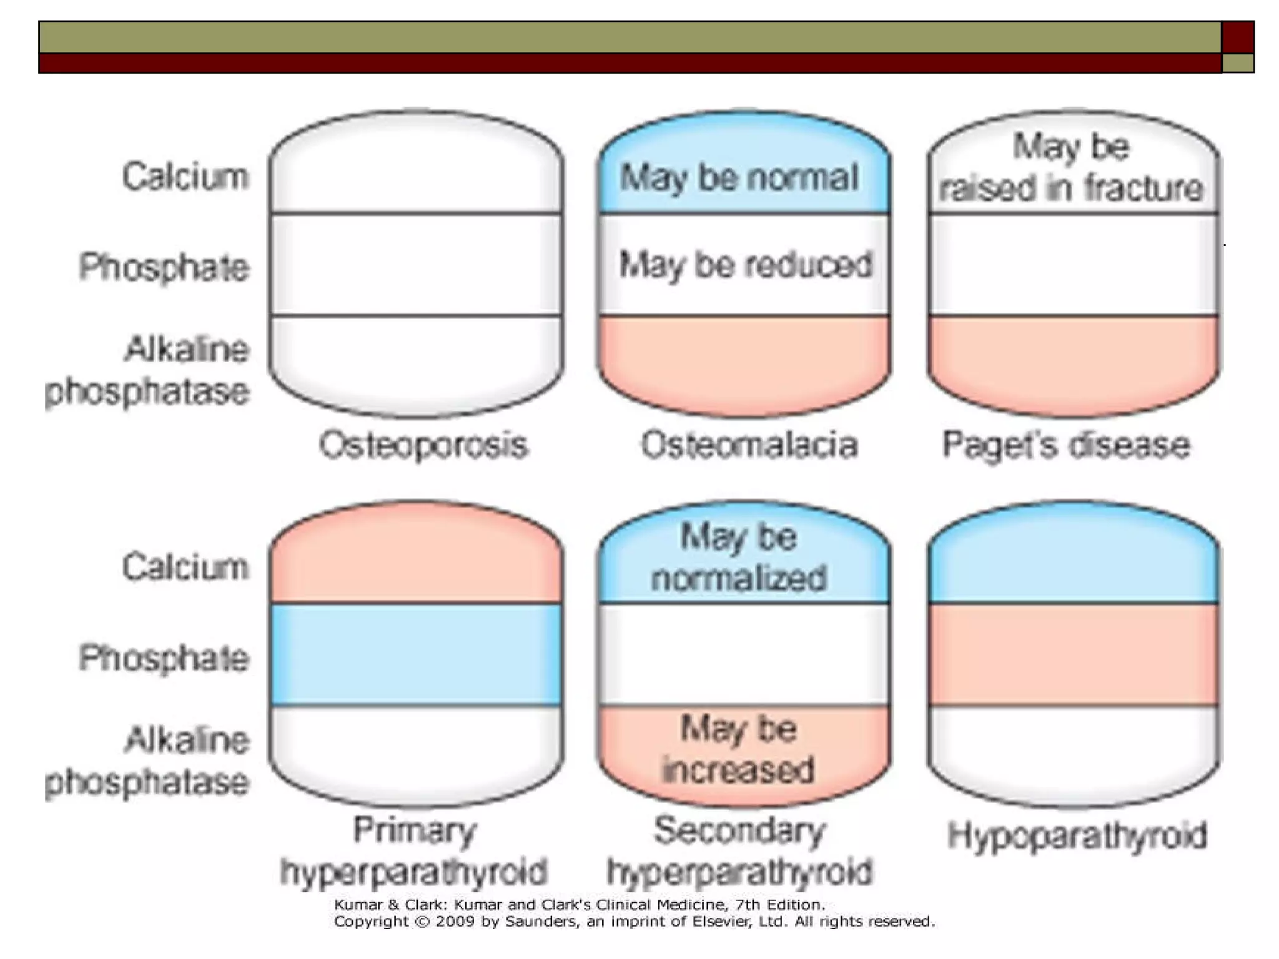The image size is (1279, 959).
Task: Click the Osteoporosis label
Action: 423,446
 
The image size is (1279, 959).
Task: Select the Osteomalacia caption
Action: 749,446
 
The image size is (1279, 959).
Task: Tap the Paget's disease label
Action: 1065,446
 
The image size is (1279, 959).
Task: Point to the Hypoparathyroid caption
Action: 1076,835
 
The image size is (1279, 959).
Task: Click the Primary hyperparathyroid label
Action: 413,851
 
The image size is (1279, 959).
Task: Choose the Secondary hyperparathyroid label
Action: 739,851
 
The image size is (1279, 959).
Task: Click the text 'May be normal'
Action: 739,177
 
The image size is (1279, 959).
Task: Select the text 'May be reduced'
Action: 746,265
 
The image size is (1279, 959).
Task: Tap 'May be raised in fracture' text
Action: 1072,167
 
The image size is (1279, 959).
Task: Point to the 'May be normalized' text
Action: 739,557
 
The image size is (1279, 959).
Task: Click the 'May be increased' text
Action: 739,749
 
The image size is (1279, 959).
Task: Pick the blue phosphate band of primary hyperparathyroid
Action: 417,654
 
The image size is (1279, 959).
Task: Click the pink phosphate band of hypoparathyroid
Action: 1074,654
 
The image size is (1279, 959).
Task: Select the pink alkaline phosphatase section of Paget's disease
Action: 1074,362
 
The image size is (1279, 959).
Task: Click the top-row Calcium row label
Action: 185,177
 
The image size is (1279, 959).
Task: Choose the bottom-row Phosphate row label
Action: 164,659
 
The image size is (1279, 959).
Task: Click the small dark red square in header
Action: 1238,37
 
